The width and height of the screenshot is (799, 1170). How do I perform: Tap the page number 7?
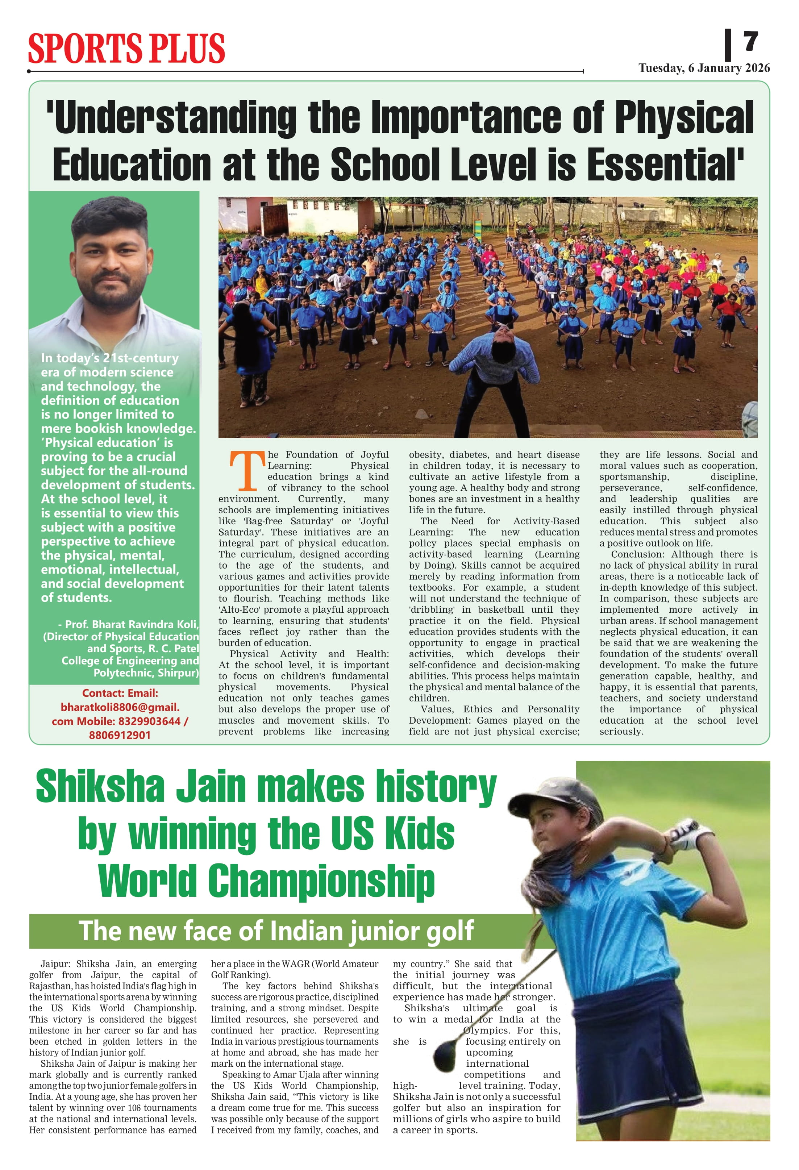pos(750,41)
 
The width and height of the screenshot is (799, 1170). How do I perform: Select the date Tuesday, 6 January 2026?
pos(704,68)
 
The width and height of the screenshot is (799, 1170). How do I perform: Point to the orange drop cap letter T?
pos(247,471)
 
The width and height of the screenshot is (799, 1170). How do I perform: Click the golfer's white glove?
pos(685,833)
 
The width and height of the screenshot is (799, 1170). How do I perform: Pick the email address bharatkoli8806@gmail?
pos(120,707)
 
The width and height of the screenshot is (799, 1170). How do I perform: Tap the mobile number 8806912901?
pos(120,735)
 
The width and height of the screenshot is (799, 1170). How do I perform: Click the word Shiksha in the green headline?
pos(100,786)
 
